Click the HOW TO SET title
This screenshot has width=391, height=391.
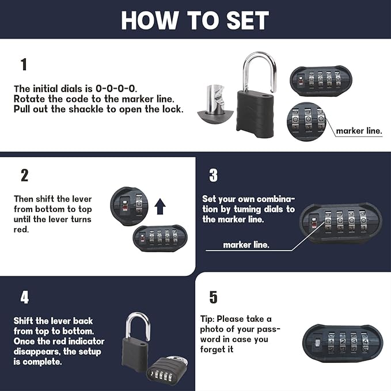[195, 20]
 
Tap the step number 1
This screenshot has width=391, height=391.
[24, 64]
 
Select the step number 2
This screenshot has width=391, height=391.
[24, 175]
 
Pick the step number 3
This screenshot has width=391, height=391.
[213, 175]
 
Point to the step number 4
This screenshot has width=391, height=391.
[24, 297]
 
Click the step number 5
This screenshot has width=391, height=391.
[213, 297]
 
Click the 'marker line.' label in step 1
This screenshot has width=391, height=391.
[359, 131]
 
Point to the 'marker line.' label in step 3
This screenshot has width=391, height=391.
[246, 245]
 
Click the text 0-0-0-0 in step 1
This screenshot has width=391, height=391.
[116, 89]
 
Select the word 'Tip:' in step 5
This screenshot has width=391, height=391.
[211, 319]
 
